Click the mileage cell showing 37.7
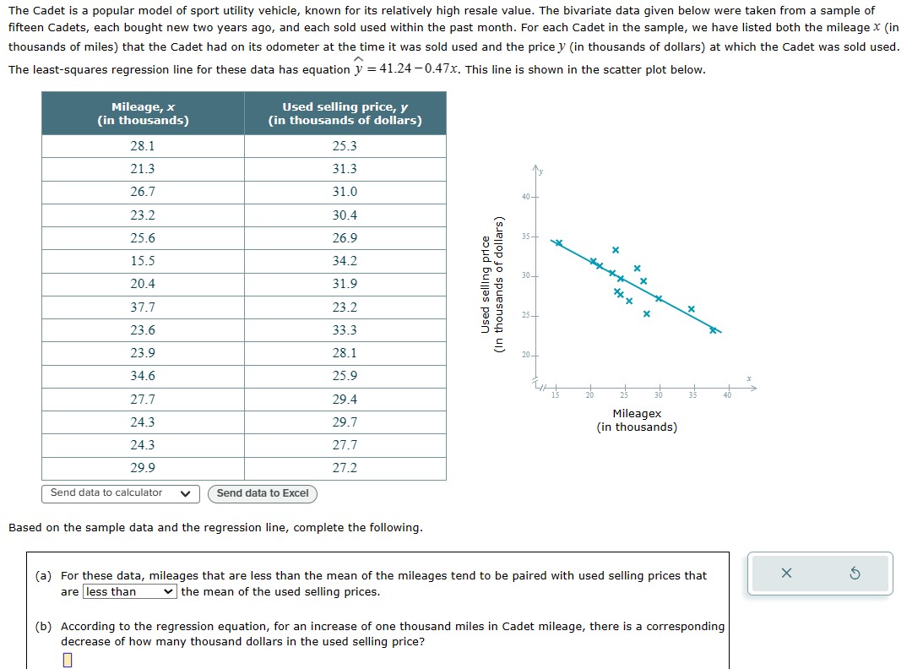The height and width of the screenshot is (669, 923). click(143, 307)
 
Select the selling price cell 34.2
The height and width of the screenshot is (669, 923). click(345, 261)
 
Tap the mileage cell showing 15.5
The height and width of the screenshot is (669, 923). click(143, 261)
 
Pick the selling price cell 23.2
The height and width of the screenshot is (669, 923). click(345, 307)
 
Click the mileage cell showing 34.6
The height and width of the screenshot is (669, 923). click(143, 376)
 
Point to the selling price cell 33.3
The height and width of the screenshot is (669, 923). click(345, 330)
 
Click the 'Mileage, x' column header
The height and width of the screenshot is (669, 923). click(143, 113)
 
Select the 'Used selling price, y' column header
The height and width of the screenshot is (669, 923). click(345, 113)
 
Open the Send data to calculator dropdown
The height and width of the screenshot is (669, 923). click(120, 493)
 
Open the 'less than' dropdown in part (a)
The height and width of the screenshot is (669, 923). click(130, 592)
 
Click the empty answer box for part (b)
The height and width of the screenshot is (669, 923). click(68, 660)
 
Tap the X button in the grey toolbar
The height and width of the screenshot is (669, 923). click(786, 574)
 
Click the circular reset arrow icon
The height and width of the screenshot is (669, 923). click(854, 574)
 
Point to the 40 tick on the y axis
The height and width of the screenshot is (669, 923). click(526, 197)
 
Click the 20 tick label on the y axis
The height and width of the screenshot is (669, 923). click(526, 355)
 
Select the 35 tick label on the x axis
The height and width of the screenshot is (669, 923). click(692, 396)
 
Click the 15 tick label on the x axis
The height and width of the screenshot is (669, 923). click(556, 396)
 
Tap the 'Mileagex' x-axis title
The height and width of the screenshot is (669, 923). click(637, 414)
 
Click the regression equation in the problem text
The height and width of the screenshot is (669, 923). click(405, 69)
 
